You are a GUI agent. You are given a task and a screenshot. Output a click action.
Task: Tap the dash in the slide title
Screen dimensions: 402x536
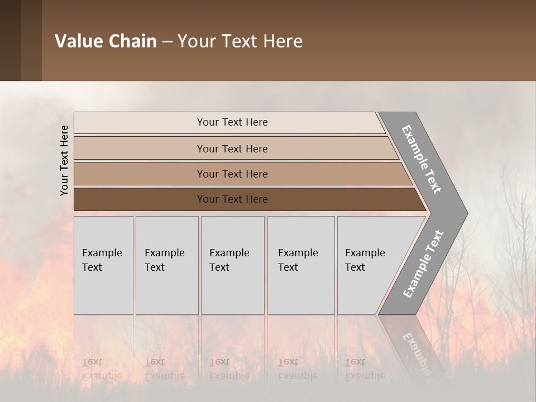(167, 42)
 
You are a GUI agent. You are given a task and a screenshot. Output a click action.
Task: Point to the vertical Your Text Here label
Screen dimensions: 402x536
(64, 160)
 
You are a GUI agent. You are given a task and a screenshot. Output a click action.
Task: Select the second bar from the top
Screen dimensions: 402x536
(232, 149)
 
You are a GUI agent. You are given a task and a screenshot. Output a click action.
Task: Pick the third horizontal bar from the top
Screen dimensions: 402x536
(232, 174)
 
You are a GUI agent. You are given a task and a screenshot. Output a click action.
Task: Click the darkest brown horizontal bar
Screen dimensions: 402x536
(232, 199)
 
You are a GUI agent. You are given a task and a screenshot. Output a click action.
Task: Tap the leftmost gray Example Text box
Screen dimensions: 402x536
(103, 265)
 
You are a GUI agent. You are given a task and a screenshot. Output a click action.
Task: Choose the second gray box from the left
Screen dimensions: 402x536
(166, 265)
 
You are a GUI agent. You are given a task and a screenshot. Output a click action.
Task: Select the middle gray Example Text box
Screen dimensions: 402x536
(232, 265)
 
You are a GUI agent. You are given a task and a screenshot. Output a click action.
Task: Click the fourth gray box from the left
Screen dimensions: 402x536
(300, 265)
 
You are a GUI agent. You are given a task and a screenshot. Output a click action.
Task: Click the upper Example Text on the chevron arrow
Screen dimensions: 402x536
(422, 159)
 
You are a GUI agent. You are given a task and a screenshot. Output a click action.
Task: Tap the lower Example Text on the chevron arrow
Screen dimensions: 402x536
(423, 264)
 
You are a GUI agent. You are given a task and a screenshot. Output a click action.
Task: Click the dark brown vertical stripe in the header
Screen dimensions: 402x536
(10, 40)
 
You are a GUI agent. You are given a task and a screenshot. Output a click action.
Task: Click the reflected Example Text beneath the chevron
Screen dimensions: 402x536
(419, 349)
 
